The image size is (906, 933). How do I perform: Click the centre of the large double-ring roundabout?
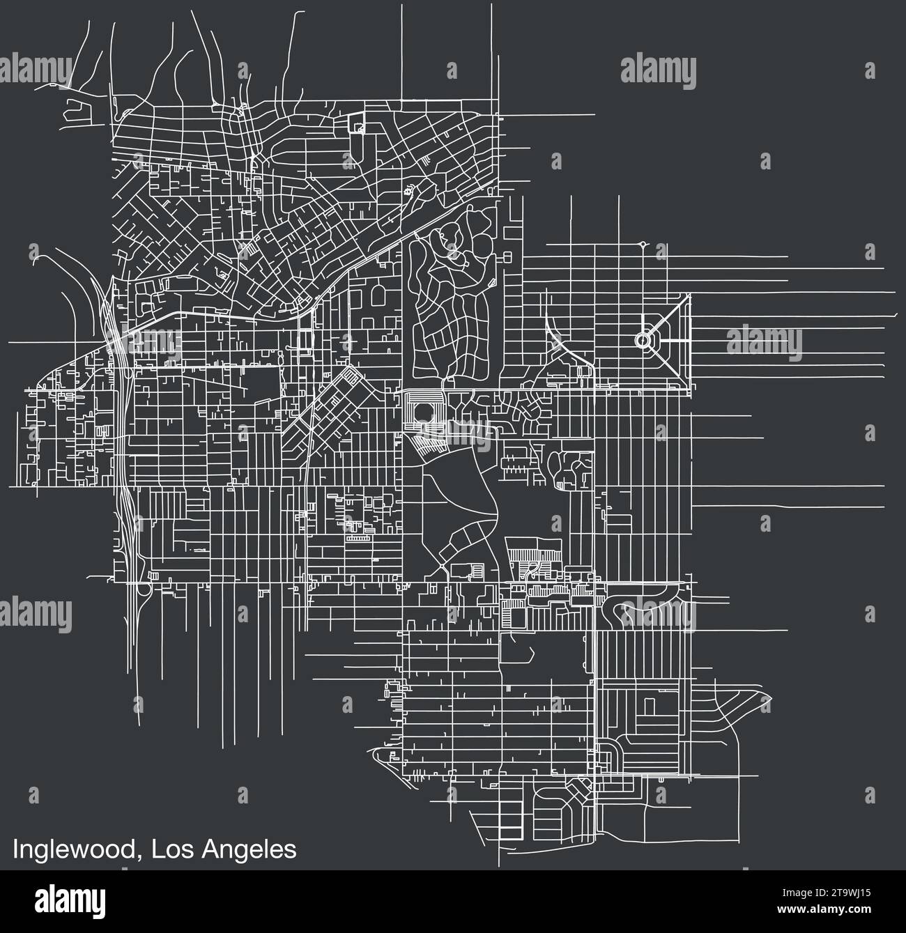(x=643, y=340)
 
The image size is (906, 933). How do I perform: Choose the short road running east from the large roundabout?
(x=669, y=340)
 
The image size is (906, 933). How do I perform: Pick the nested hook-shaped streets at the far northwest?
(x=75, y=110)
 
